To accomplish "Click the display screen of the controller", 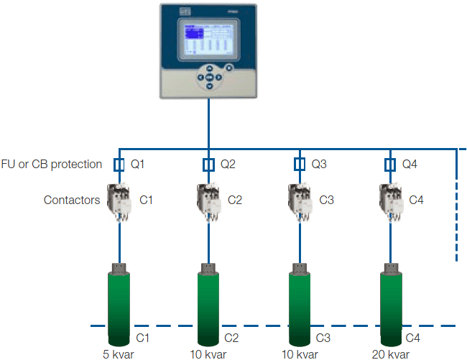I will [x=209, y=40].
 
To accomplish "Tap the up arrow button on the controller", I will [x=209, y=69].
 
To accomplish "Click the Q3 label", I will [x=318, y=165].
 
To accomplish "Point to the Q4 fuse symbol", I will [x=389, y=165].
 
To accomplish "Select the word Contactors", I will [x=72, y=200].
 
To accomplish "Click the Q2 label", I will [x=228, y=165].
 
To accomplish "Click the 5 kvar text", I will [x=118, y=354].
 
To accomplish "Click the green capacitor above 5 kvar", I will [x=118, y=305].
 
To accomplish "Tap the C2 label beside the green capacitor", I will [x=231, y=338].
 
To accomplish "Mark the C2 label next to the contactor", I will [x=236, y=200].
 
